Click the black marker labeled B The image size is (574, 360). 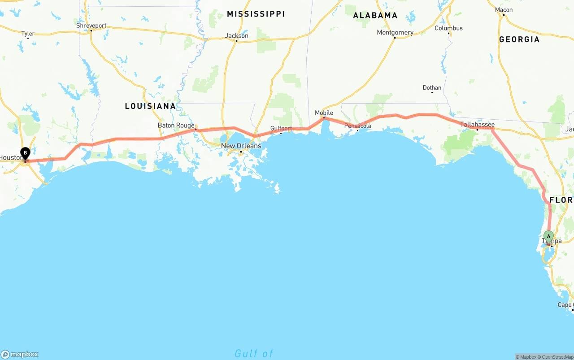pyautogui.click(x=26, y=153)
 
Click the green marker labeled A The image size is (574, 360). pyautogui.click(x=548, y=236)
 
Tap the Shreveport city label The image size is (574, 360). pyautogui.click(x=91, y=26)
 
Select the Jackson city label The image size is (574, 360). pyautogui.click(x=237, y=36)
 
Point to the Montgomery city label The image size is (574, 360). pyautogui.click(x=395, y=32)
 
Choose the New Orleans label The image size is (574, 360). pyautogui.click(x=241, y=146)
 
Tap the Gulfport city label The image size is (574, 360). pyautogui.click(x=281, y=128)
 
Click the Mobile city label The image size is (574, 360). pyautogui.click(x=324, y=113)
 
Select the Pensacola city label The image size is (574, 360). pyautogui.click(x=358, y=126)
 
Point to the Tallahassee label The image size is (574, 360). pyautogui.click(x=478, y=124)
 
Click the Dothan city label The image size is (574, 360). pyautogui.click(x=432, y=87)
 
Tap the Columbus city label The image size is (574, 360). pyautogui.click(x=448, y=28)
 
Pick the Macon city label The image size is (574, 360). pyautogui.click(x=504, y=10)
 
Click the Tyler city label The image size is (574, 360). pyautogui.click(x=28, y=34)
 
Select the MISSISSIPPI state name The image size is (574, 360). pyautogui.click(x=256, y=14)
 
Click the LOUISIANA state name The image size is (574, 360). pyautogui.click(x=150, y=106)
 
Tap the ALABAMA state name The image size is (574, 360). pyautogui.click(x=375, y=15)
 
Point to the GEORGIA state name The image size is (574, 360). pyautogui.click(x=519, y=39)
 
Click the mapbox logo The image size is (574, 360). pyautogui.click(x=20, y=354)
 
